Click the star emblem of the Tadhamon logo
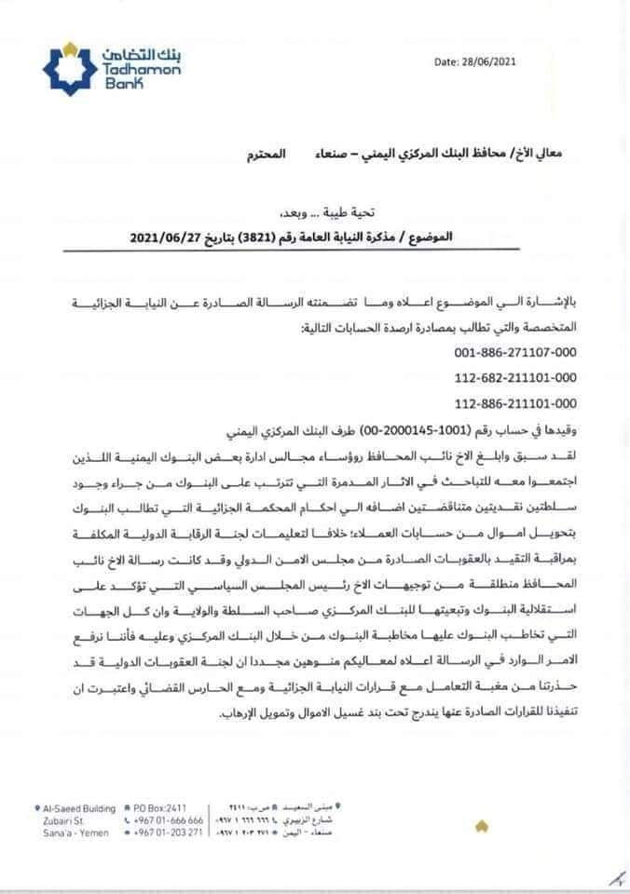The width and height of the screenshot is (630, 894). point(71,65)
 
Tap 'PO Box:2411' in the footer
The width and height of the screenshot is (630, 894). point(159,808)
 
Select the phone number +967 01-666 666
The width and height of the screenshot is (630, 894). point(168,820)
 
